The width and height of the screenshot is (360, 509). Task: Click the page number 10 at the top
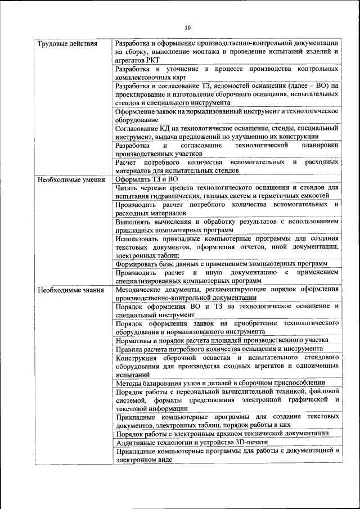(188, 27)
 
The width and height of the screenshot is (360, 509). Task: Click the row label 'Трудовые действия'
(67, 43)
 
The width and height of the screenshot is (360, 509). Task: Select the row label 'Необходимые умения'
(70, 179)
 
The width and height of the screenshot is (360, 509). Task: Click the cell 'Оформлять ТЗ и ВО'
(146, 179)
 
